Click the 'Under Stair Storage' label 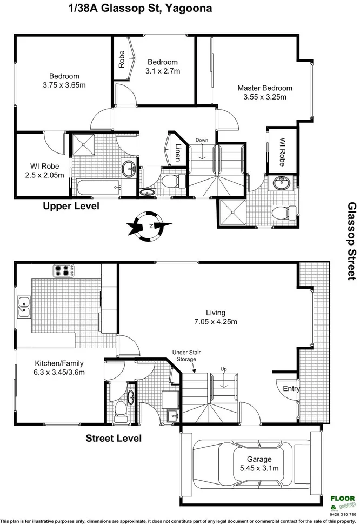(x=184, y=355)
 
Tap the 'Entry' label (x=291, y=388)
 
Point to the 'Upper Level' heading (x=71, y=207)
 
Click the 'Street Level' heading (x=114, y=438)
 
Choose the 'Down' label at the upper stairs (x=202, y=140)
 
